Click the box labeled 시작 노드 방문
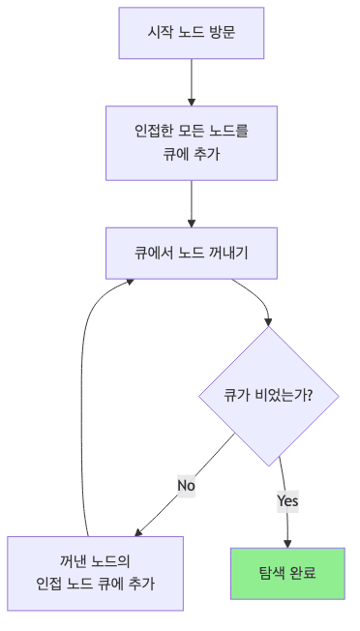(x=192, y=34)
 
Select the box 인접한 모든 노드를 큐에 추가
(x=192, y=141)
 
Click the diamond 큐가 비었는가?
(x=268, y=396)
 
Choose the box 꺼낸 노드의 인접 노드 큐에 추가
(x=95, y=573)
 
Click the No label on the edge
(x=186, y=484)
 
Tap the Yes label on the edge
(x=287, y=500)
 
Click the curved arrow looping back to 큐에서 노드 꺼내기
(x=87, y=387)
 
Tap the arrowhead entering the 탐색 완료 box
(x=287, y=543)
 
